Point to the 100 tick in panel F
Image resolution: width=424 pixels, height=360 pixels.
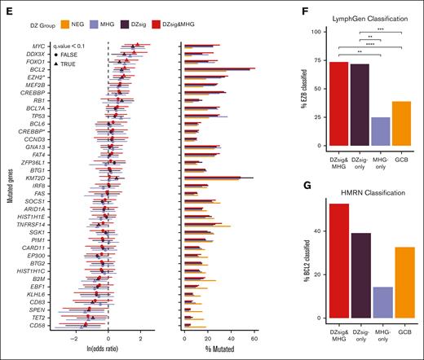point(295,31)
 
